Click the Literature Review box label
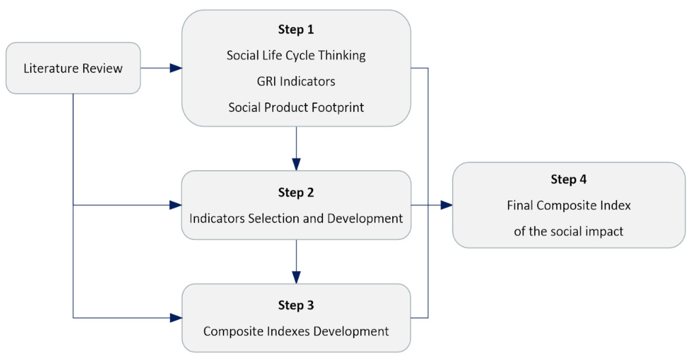pyautogui.click(x=73, y=68)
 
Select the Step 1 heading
pyautogui.click(x=296, y=29)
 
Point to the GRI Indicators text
pyautogui.click(x=296, y=81)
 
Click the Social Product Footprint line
pyautogui.click(x=296, y=108)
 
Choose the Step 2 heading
pyautogui.click(x=296, y=193)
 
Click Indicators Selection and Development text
pyautogui.click(x=296, y=219)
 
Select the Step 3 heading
pyautogui.click(x=296, y=305)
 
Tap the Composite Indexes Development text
pyautogui.click(x=296, y=331)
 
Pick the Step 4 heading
pyautogui.click(x=568, y=179)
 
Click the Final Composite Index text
pyautogui.click(x=568, y=205)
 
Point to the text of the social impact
pyautogui.click(x=568, y=231)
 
